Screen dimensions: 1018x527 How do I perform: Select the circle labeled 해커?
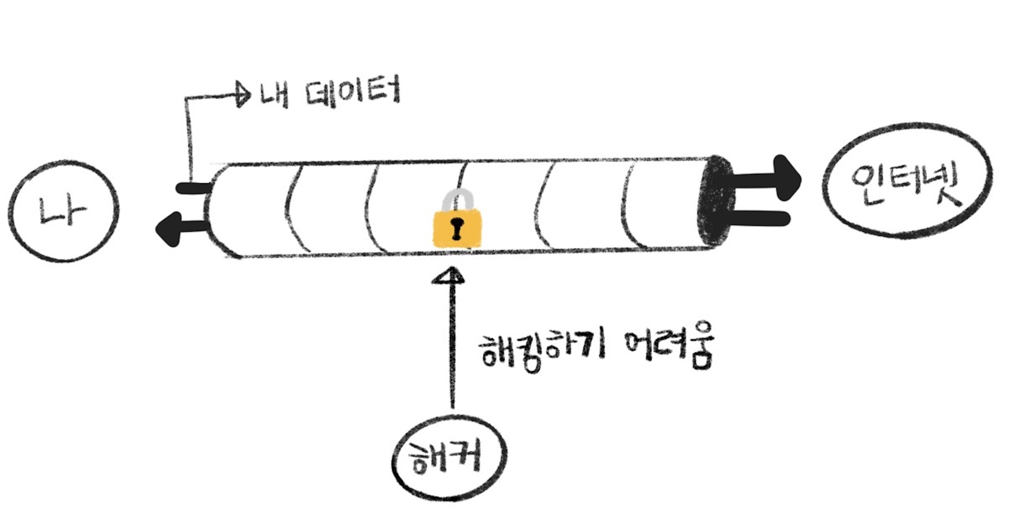coord(449,458)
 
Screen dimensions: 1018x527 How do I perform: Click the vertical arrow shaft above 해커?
coord(452,344)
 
